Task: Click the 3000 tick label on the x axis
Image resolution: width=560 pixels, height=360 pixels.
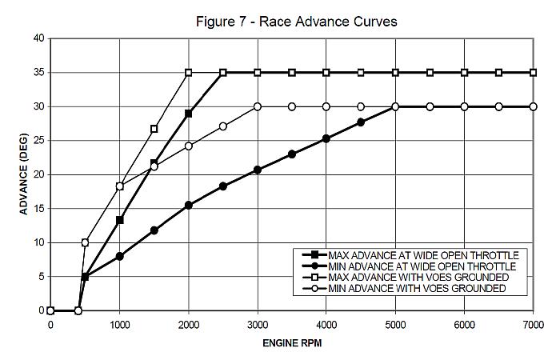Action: click(x=257, y=325)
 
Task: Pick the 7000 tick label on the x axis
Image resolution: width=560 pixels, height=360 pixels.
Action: click(x=532, y=325)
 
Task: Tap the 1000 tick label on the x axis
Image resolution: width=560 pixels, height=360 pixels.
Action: click(x=119, y=325)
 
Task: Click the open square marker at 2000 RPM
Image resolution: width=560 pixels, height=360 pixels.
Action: click(x=189, y=73)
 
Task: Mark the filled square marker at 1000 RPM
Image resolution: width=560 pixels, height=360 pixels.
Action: click(x=120, y=220)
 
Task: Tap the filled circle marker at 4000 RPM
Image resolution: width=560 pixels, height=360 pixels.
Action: click(x=326, y=138)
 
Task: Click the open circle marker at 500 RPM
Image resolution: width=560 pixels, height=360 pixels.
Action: click(x=85, y=242)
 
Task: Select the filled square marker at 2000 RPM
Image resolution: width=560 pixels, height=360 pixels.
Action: click(x=189, y=114)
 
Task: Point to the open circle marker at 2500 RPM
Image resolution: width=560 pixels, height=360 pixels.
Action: click(x=223, y=126)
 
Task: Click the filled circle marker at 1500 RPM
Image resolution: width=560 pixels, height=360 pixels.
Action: click(x=154, y=230)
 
